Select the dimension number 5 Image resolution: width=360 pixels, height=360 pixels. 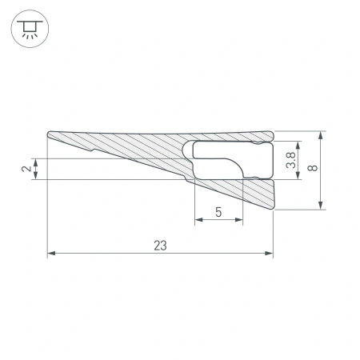click(218, 212)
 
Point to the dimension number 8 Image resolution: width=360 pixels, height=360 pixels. click(313, 170)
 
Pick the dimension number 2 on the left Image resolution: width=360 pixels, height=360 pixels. click(26, 168)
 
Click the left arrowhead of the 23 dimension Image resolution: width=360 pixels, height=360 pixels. click(52, 254)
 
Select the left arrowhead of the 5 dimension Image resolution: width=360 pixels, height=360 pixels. click(199, 221)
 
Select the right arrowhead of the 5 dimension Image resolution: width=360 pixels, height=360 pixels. click(238, 221)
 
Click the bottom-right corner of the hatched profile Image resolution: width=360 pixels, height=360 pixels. click(272, 210)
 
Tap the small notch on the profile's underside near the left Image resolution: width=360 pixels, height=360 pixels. click(95, 149)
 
